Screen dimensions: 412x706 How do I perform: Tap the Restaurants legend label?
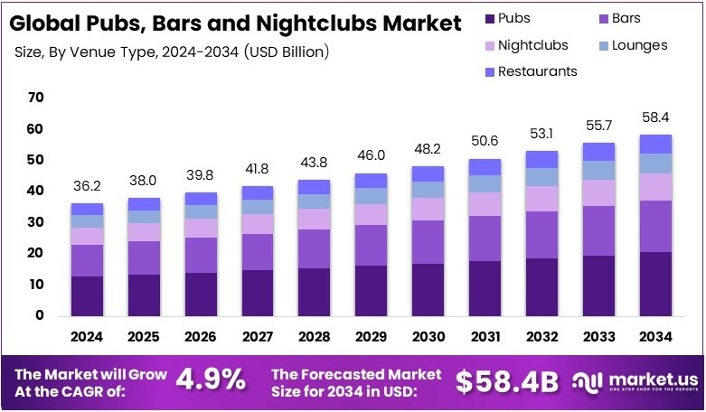540,70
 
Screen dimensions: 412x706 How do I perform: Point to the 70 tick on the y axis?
35,97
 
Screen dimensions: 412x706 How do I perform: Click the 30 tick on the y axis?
35,221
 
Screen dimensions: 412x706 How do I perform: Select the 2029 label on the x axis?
372,336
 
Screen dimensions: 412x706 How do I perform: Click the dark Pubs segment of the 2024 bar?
87,295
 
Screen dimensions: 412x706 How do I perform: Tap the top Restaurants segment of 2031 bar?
485,166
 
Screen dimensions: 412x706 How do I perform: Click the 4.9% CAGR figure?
209,380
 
